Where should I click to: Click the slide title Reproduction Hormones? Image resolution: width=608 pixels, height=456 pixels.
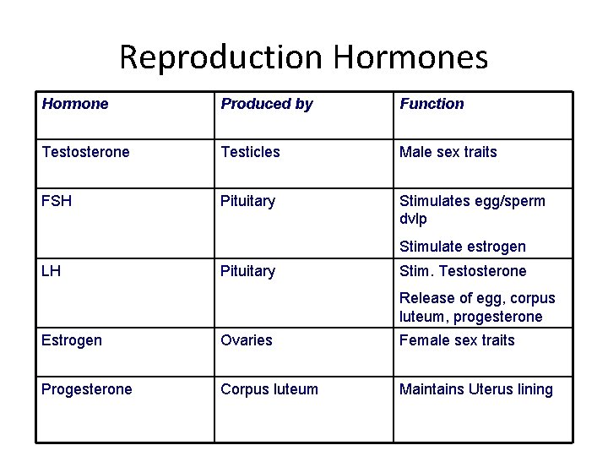coord(303,57)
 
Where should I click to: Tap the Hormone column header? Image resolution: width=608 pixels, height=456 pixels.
coord(75,104)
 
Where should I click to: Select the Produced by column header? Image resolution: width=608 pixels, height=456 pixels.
coord(266,104)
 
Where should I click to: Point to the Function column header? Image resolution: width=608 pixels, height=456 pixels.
coord(432,104)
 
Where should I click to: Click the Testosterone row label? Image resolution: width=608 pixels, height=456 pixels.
coord(85,152)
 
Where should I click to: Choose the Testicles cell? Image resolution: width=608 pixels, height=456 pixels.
coord(250,152)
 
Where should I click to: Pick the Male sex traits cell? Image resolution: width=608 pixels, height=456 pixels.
coord(448,152)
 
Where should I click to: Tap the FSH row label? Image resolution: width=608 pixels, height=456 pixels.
coord(57,201)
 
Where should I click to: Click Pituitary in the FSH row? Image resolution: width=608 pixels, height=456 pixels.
coord(247,201)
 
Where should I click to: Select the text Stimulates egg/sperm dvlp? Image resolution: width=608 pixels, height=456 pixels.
coord(471,209)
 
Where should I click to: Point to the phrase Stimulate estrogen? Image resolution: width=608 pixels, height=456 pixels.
coord(462,247)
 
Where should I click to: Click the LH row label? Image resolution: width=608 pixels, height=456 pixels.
coord(51,271)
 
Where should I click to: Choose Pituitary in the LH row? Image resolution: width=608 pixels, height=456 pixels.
coord(247,271)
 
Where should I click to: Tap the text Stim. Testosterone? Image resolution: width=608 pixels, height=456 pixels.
coord(462,271)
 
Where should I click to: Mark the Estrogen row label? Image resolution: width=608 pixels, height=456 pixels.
coord(72,340)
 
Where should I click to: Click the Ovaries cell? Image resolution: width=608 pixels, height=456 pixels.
coord(246,340)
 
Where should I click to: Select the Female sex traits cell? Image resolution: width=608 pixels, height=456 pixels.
coord(456,340)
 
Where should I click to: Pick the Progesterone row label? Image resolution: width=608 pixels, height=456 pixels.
coord(86,389)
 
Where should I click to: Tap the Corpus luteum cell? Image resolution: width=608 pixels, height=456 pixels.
coord(269,389)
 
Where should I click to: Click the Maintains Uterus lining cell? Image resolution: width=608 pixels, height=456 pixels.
coord(475,389)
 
